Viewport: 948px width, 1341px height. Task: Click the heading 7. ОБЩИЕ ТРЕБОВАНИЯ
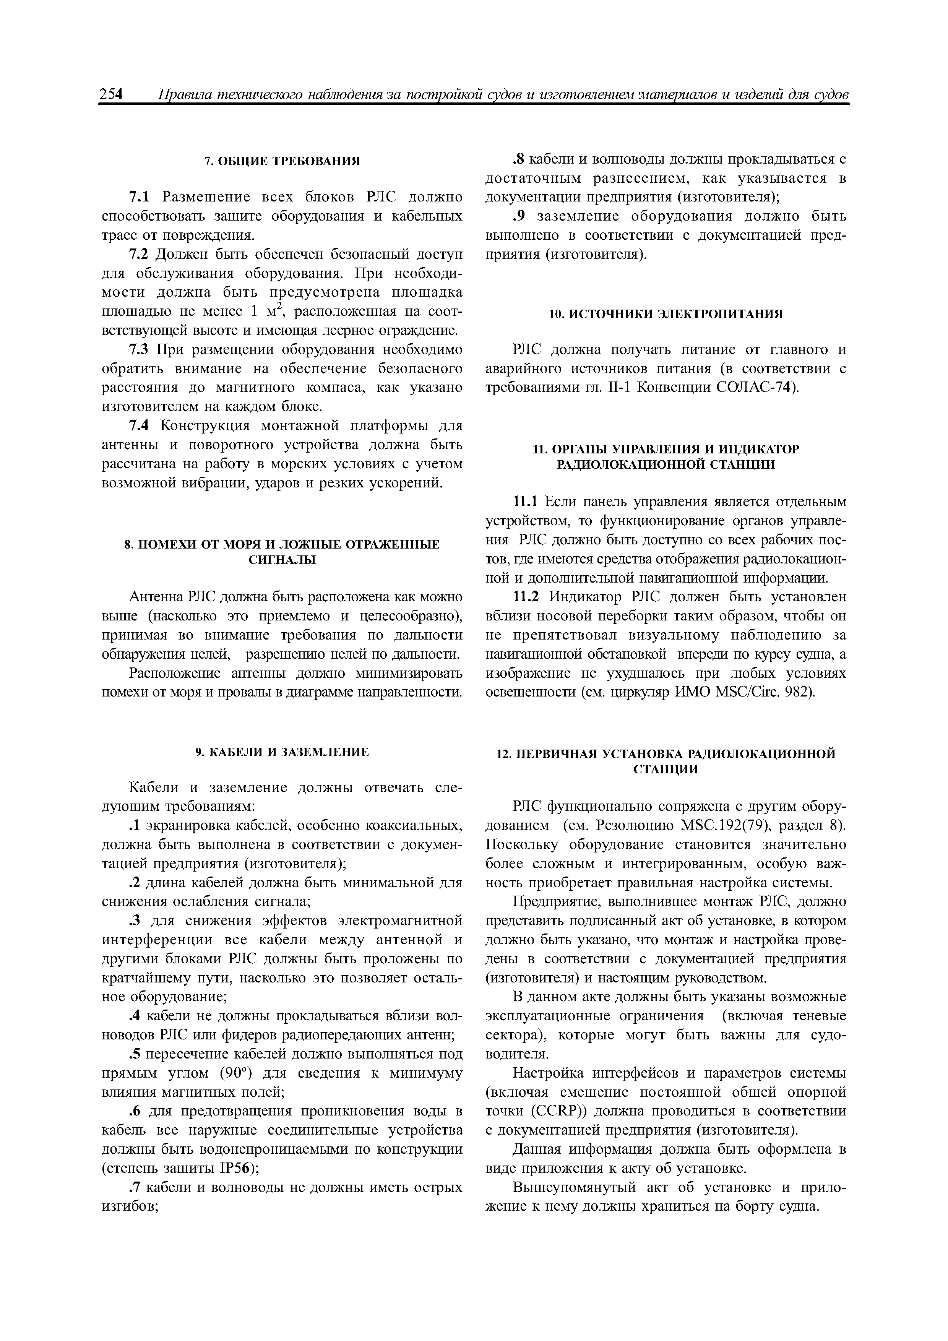(x=282, y=161)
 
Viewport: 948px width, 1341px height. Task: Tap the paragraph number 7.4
(x=138, y=426)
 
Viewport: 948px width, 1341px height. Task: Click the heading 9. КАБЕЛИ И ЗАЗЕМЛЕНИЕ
(x=282, y=752)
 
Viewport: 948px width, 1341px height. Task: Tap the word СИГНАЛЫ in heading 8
(x=282, y=560)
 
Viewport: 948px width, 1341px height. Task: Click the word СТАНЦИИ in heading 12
(x=666, y=769)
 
